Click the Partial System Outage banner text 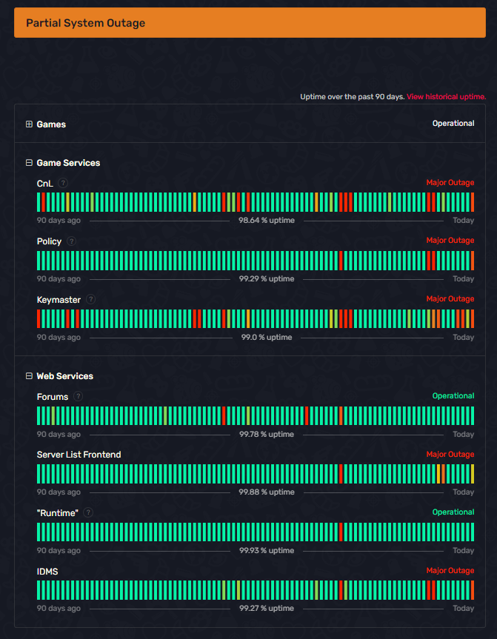[x=85, y=23]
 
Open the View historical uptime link [x=446, y=97]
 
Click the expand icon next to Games [x=29, y=124]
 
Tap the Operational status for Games [x=453, y=124]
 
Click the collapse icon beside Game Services [x=29, y=163]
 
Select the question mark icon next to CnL [x=64, y=183]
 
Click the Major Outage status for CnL [x=450, y=183]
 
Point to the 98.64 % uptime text [x=266, y=221]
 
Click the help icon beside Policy [x=71, y=241]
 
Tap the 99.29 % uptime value [x=266, y=279]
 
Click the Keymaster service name [x=59, y=300]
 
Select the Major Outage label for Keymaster [x=450, y=299]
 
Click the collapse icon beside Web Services [x=29, y=376]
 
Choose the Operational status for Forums [x=453, y=396]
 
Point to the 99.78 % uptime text [x=266, y=435]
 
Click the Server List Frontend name [x=79, y=455]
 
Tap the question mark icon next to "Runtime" [x=88, y=512]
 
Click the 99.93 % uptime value [x=266, y=551]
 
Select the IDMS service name [x=47, y=572]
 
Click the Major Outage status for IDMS [x=450, y=571]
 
